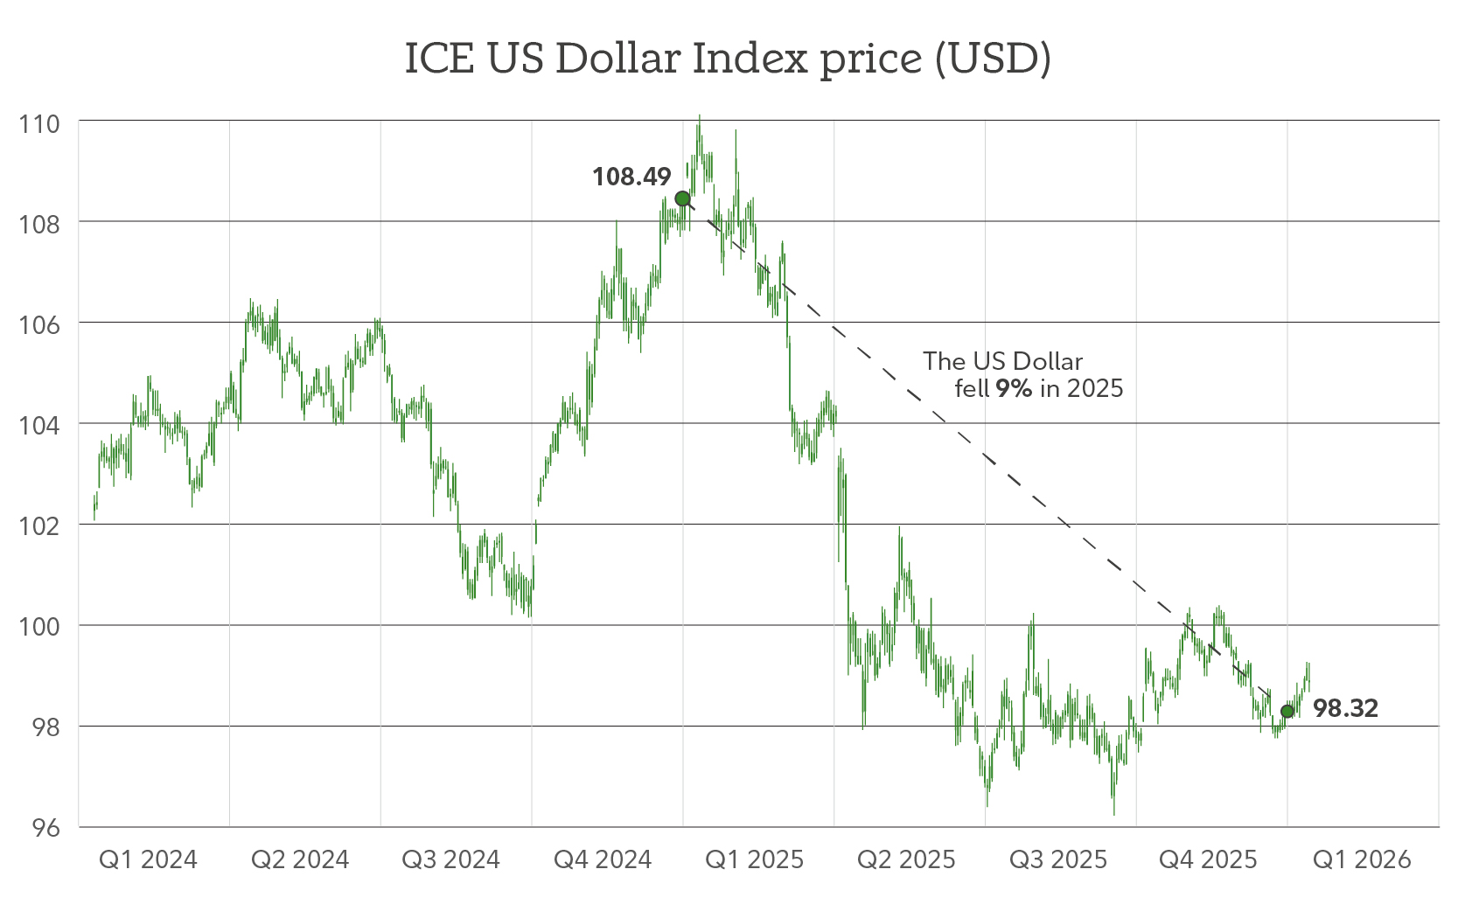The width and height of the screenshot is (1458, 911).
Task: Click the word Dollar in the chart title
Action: coord(617,59)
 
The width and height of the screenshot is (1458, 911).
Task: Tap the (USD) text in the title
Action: coord(992,59)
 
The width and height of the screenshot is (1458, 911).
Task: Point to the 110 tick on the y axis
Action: coord(39,123)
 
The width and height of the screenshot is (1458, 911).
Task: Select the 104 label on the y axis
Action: coord(39,426)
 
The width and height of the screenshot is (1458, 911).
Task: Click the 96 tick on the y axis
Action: coord(45,828)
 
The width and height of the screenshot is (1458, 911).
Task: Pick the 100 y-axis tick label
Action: coord(39,627)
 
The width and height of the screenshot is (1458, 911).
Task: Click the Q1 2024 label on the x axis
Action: coord(148,859)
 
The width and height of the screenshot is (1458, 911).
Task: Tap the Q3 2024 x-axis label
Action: coord(450,859)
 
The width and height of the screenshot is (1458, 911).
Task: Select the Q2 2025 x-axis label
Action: coord(906,859)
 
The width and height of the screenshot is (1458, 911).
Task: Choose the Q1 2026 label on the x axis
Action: coord(1362,859)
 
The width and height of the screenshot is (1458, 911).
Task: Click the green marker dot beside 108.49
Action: coord(682,198)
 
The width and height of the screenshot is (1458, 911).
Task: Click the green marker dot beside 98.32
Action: coord(1287,711)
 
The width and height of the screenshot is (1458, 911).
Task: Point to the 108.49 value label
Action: coord(631,177)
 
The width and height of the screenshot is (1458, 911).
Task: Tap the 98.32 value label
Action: coord(1345,708)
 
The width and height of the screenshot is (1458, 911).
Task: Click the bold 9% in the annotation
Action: coord(1014,388)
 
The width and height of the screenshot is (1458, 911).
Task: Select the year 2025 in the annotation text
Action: coord(1095,388)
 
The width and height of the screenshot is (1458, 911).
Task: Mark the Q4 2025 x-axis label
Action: coord(1208,859)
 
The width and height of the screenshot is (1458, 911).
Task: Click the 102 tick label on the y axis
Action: coord(39,526)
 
